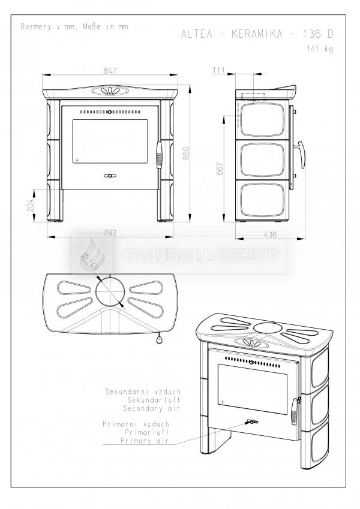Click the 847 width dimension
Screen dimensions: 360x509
[110, 70]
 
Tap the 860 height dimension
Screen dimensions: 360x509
[185, 153]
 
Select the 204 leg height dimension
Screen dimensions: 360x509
[30, 205]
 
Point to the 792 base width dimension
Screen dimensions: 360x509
[110, 233]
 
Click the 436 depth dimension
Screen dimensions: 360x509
[270, 234]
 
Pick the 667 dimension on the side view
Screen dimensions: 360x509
[220, 169]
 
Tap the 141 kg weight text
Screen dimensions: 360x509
[320, 49]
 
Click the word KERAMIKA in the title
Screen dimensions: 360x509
[257, 34]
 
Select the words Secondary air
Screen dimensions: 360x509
[151, 408]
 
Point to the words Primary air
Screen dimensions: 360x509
[145, 441]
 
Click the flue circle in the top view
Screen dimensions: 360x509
[110, 291]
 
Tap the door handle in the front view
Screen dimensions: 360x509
[159, 155]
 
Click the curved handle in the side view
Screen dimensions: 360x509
[301, 155]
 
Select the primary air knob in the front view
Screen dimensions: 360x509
[110, 176]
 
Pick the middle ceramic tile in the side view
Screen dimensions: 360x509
[262, 159]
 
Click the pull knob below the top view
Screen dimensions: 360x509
[159, 339]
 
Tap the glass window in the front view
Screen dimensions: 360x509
[110, 141]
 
